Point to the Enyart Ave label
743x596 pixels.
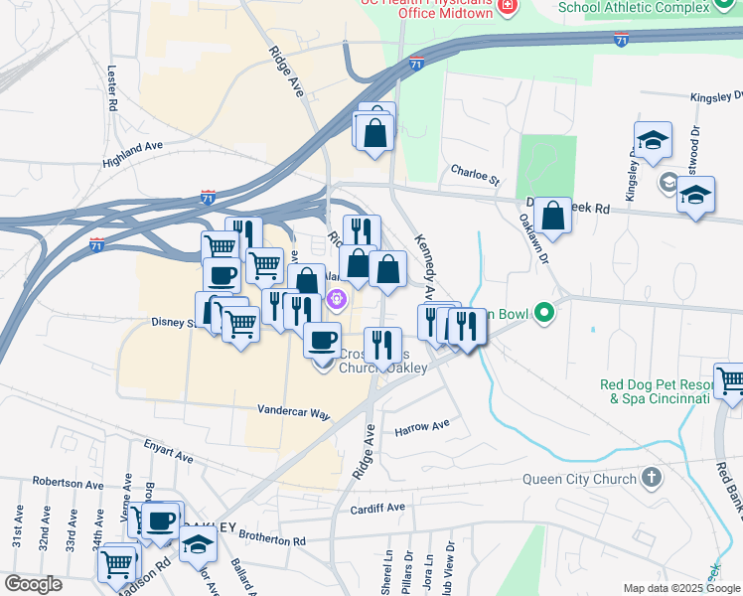pyautogui.click(x=168, y=452)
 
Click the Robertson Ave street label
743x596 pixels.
pyautogui.click(x=68, y=484)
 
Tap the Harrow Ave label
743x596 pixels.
pyautogui.click(x=422, y=429)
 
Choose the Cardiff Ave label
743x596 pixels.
pyautogui.click(x=377, y=508)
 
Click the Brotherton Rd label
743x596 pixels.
pyautogui.click(x=271, y=538)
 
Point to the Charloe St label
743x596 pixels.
pyautogui.click(x=475, y=174)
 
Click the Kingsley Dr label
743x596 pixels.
pyautogui.click(x=716, y=97)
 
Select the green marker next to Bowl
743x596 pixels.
pyautogui.click(x=543, y=314)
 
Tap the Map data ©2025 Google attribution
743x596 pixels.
pyautogui.click(x=680, y=588)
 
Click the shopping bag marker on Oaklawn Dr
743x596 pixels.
pyautogui.click(x=551, y=218)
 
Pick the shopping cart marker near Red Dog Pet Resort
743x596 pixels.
pyautogui.click(x=731, y=381)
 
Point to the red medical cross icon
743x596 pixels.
pyautogui.click(x=510, y=6)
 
